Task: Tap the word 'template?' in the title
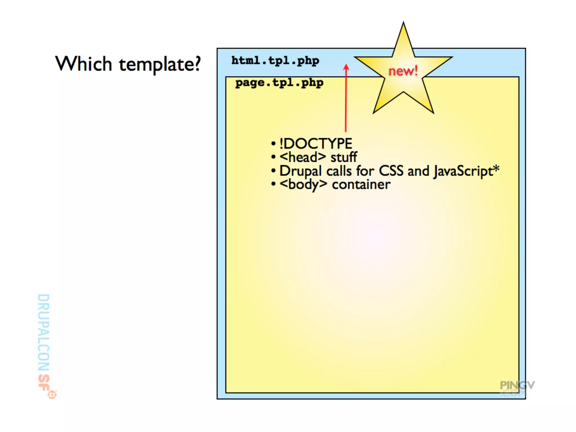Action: point(160,65)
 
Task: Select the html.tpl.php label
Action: point(275,61)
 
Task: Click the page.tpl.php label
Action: point(279,83)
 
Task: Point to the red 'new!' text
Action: point(403,71)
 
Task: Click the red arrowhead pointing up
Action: point(346,67)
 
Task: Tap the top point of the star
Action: point(403,24)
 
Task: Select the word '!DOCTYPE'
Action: point(316,144)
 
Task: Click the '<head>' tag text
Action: point(303,157)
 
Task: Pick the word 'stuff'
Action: point(344,157)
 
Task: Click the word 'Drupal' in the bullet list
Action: point(300,171)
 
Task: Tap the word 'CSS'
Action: point(391,171)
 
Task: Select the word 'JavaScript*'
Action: point(466,171)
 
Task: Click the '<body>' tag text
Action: point(303,185)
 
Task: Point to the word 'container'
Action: point(361,185)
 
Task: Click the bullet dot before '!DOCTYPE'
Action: point(273,144)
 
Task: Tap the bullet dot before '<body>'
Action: point(273,184)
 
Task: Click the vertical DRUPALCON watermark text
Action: point(44,332)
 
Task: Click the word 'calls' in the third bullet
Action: point(339,171)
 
